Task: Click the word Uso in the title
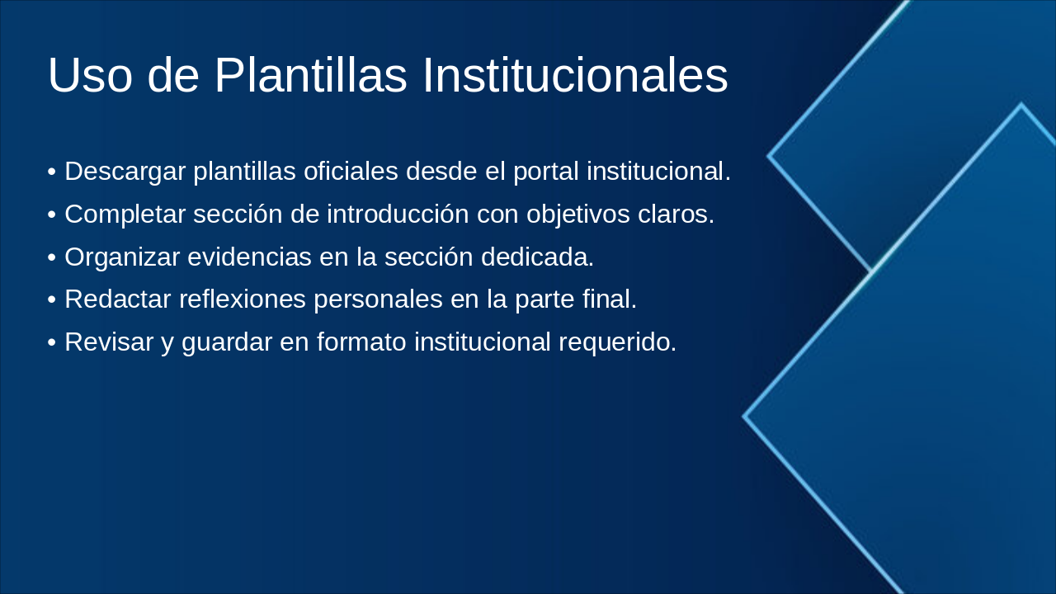(90, 75)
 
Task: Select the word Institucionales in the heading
(576, 75)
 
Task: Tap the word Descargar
(125, 172)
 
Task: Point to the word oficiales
(351, 171)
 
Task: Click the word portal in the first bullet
(546, 172)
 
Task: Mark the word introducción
(398, 214)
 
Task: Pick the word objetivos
(578, 215)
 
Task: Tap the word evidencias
(249, 257)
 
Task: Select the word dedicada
(537, 257)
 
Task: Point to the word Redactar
(118, 299)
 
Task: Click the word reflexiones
(243, 299)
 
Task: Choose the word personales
(378, 300)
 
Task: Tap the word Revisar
(109, 342)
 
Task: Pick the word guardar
(227, 343)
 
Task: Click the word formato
(361, 342)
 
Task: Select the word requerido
(618, 343)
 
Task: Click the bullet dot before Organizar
(52, 258)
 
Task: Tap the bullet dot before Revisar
(52, 342)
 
